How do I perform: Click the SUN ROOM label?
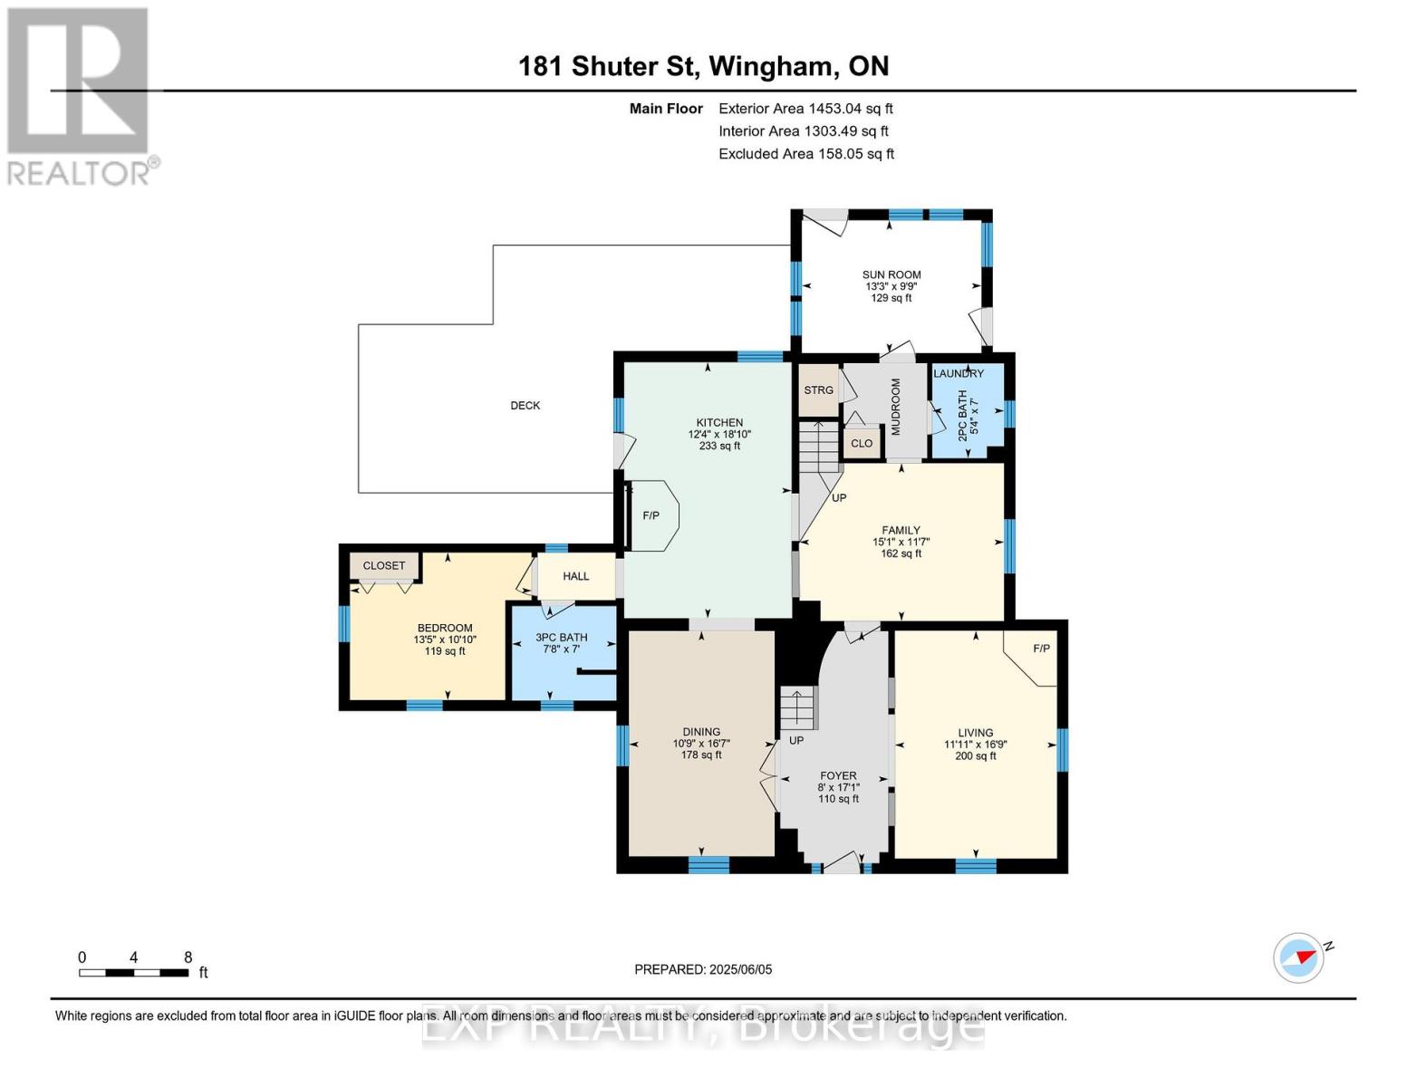(x=891, y=274)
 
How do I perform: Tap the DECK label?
(x=525, y=405)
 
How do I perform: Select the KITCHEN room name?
(x=719, y=422)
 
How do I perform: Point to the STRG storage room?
(x=818, y=390)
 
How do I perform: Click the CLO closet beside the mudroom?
(x=862, y=443)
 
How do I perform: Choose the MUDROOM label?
(x=896, y=408)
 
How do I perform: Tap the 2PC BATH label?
(x=962, y=416)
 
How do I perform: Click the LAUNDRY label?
(x=959, y=373)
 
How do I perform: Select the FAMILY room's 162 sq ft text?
(x=901, y=553)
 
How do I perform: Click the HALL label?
(x=575, y=576)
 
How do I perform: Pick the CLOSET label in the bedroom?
(x=384, y=565)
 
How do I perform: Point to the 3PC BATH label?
(x=562, y=637)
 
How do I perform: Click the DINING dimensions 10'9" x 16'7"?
(x=701, y=743)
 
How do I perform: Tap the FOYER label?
(x=839, y=775)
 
